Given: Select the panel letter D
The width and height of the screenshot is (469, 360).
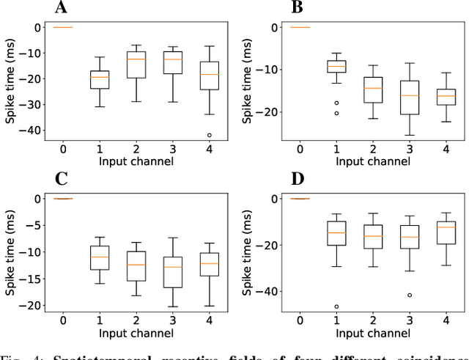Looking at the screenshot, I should click(297, 180).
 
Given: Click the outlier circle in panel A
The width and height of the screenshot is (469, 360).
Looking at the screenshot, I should click(209, 135).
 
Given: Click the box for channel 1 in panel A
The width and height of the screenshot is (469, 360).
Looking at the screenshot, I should click(100, 79).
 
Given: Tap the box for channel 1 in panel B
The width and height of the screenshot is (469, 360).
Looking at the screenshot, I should click(336, 66).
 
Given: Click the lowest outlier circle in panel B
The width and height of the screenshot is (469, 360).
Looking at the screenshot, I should click(336, 113).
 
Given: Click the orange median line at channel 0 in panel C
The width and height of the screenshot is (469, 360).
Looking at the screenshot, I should click(64, 199).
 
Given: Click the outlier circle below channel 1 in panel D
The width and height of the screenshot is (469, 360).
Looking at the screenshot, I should click(336, 306).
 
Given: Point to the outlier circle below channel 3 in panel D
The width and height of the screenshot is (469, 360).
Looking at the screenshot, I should click(409, 295).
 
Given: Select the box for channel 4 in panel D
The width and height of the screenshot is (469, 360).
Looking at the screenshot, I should click(446, 228).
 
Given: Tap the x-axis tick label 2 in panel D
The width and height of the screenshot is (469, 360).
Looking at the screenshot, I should click(373, 321).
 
